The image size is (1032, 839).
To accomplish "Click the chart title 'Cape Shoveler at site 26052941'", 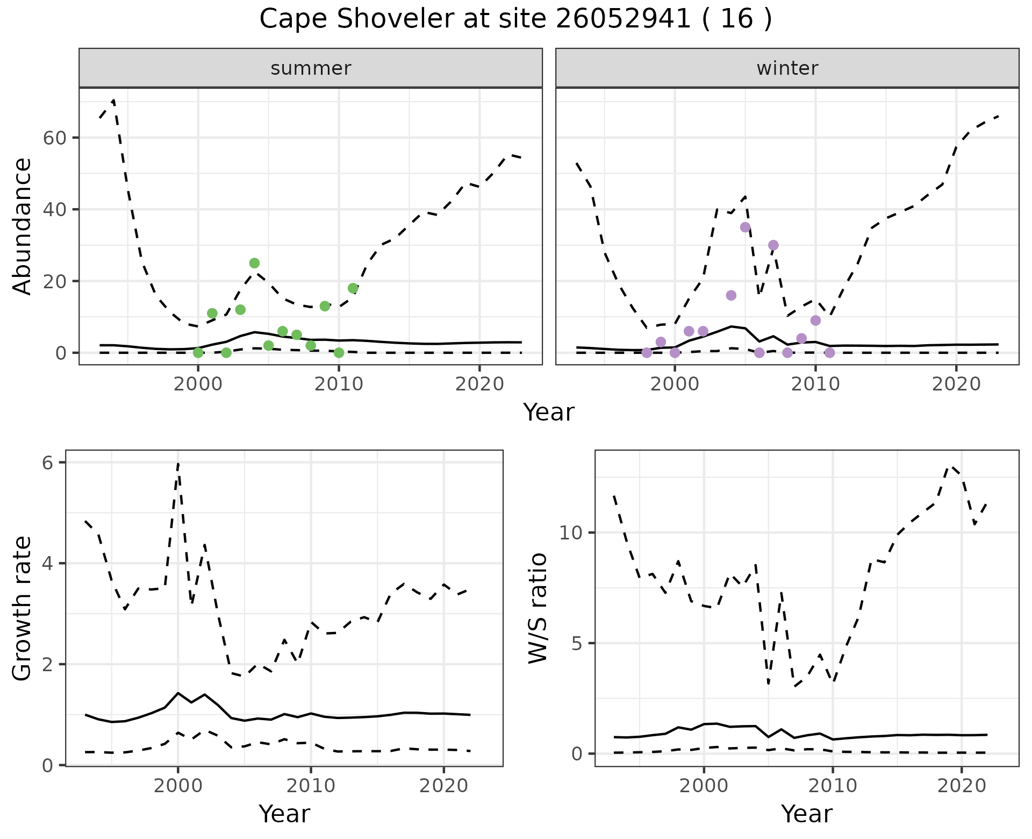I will pyautogui.click(x=515, y=19).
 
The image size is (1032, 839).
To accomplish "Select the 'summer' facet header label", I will pyautogui.click(x=311, y=68).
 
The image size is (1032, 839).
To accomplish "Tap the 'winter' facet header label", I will pyautogui.click(x=787, y=68).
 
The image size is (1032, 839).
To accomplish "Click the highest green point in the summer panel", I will pyautogui.click(x=254, y=263).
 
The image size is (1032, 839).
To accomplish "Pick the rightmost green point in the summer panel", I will pyautogui.click(x=353, y=288).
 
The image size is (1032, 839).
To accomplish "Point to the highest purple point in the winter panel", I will pyautogui.click(x=745, y=227).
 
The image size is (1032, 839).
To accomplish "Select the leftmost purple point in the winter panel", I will pyautogui.click(x=647, y=353).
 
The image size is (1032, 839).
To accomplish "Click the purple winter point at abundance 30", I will pyautogui.click(x=773, y=245).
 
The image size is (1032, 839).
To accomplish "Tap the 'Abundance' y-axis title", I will pyautogui.click(x=23, y=226).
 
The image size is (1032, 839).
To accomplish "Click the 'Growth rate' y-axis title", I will pyautogui.click(x=23, y=608).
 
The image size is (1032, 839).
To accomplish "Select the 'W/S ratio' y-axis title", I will pyautogui.click(x=537, y=608).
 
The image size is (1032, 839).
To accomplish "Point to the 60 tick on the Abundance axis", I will pyautogui.click(x=54, y=138).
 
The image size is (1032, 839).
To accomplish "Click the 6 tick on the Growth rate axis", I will pyautogui.click(x=48, y=463).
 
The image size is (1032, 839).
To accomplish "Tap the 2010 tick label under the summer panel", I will pyautogui.click(x=339, y=385).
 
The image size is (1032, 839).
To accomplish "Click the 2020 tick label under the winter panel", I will pyautogui.click(x=956, y=385).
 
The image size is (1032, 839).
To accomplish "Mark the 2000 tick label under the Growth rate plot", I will pyautogui.click(x=178, y=786).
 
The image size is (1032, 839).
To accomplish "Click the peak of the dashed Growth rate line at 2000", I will pyautogui.click(x=178, y=463).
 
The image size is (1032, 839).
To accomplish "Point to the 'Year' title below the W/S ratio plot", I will pyautogui.click(x=806, y=814).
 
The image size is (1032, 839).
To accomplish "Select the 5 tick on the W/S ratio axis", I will pyautogui.click(x=577, y=643).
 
